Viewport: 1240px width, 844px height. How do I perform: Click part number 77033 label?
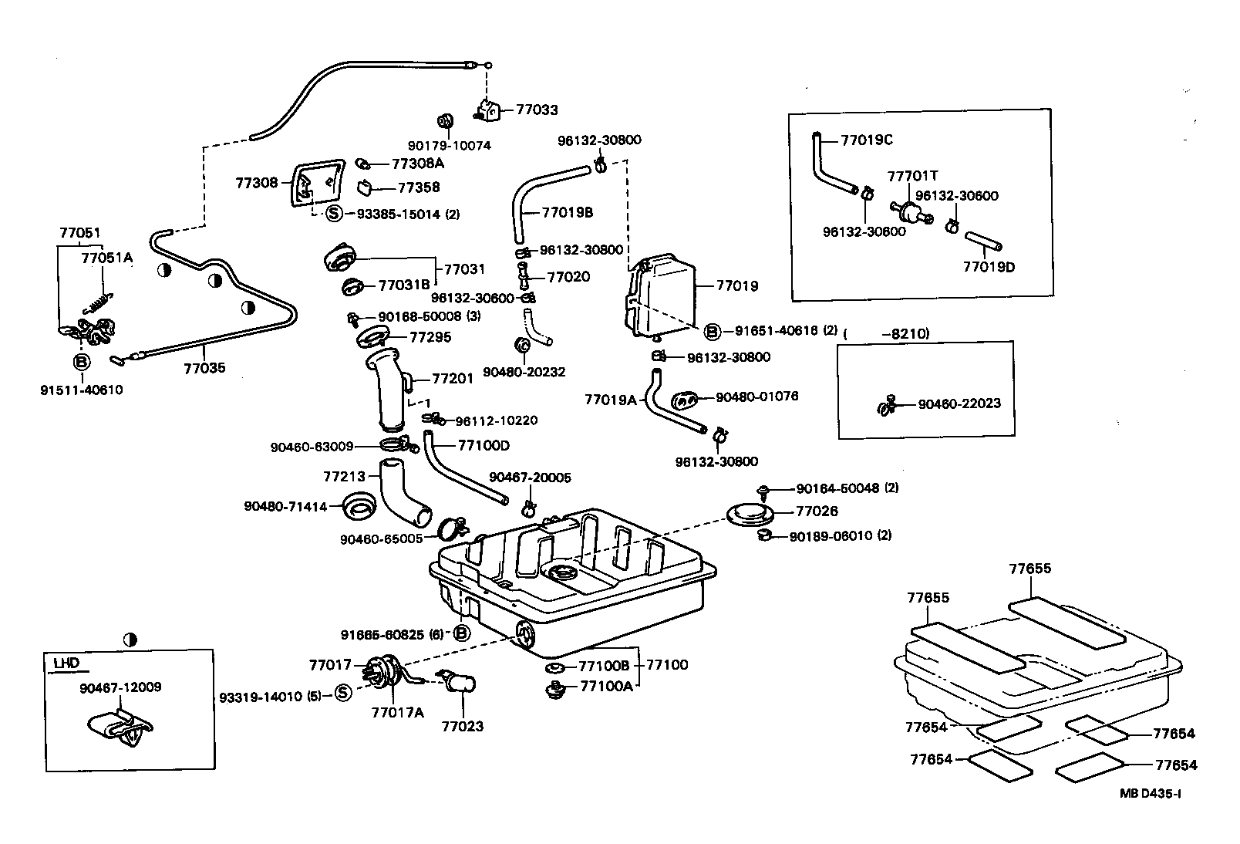pos(537,110)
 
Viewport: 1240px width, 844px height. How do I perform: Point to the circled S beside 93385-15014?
pos(334,214)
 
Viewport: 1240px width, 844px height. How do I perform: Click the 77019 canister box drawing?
pos(662,297)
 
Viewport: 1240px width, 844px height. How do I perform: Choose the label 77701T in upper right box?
pos(912,176)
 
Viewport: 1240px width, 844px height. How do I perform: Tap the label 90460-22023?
pos(959,403)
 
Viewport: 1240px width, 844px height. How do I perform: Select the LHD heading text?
pos(66,662)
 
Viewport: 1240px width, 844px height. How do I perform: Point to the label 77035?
pos(204,368)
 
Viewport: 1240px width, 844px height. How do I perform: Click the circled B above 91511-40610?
pos(81,362)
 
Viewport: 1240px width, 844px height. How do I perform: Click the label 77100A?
pos(606,686)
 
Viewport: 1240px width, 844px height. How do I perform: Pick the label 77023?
pos(462,726)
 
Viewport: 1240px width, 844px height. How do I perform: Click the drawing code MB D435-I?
pos(1151,793)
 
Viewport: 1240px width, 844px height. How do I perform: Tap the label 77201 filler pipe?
pos(452,378)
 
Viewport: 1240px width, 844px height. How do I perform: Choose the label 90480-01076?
pos(756,397)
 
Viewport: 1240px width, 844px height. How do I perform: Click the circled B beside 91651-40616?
pos(713,331)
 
